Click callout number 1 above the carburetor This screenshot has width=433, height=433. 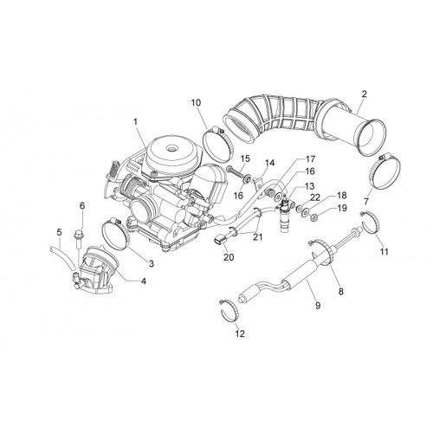pyautogui.click(x=135, y=122)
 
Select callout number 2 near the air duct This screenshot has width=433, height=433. pyautogui.click(x=365, y=94)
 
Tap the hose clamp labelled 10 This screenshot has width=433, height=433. pyautogui.click(x=217, y=145)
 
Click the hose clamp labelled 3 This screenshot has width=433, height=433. pyautogui.click(x=115, y=235)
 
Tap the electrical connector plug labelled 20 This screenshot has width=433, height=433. pyautogui.click(x=221, y=241)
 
